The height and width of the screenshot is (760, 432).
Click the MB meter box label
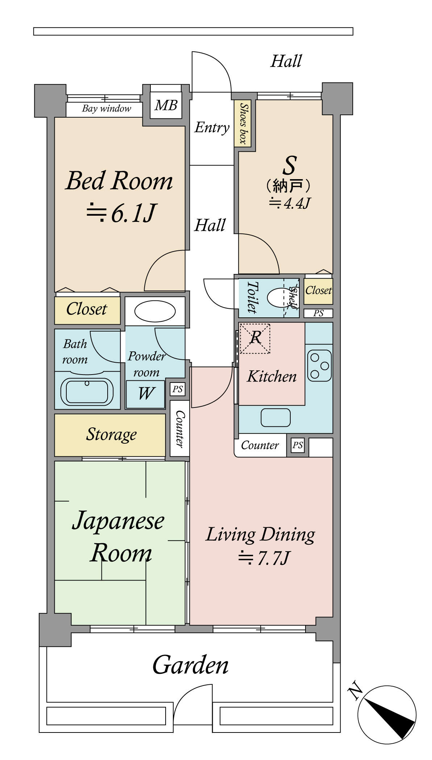pyautogui.click(x=166, y=105)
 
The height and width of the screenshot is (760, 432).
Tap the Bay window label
pyautogui.click(x=107, y=109)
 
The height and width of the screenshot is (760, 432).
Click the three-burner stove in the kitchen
pyautogui.click(x=319, y=365)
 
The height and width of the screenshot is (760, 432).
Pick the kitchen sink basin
pyautogui.click(x=276, y=417)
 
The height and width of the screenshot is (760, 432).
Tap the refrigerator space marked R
pyautogui.click(x=255, y=338)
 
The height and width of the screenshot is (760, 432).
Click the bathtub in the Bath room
pyautogui.click(x=87, y=392)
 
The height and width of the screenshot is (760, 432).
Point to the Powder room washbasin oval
pyautogui.click(x=155, y=311)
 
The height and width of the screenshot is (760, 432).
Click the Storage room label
pyautogui.click(x=111, y=434)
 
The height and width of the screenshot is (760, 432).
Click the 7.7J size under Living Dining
pyautogui.click(x=263, y=558)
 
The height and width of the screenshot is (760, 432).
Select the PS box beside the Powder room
pyautogui.click(x=178, y=389)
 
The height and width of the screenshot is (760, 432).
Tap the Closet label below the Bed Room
pyautogui.click(x=87, y=309)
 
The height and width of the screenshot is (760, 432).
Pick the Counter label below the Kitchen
pyautogui.click(x=260, y=445)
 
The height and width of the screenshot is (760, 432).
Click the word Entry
pyautogui.click(x=212, y=127)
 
